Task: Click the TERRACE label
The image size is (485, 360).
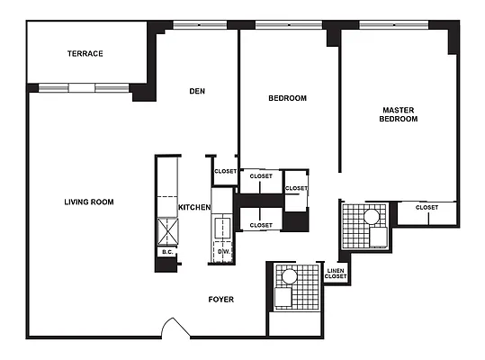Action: pyautogui.click(x=85, y=54)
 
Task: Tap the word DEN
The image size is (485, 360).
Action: pyautogui.click(x=199, y=90)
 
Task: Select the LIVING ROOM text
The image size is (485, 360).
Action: pyautogui.click(x=88, y=202)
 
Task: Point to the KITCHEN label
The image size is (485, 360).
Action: pyautogui.click(x=194, y=208)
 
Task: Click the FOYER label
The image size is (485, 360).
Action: pyautogui.click(x=220, y=299)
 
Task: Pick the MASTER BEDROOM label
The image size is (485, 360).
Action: pyautogui.click(x=398, y=114)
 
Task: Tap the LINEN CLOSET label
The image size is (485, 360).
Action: pyautogui.click(x=335, y=273)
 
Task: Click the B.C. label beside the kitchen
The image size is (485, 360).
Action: pyautogui.click(x=166, y=253)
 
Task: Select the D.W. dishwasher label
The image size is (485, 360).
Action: pyautogui.click(x=222, y=252)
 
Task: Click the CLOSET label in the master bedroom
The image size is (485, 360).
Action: pyautogui.click(x=427, y=208)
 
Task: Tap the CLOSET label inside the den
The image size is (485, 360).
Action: pyautogui.click(x=225, y=171)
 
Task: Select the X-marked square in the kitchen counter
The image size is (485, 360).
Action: pyautogui.click(x=167, y=232)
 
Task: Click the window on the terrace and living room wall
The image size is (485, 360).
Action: pyautogui.click(x=80, y=87)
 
